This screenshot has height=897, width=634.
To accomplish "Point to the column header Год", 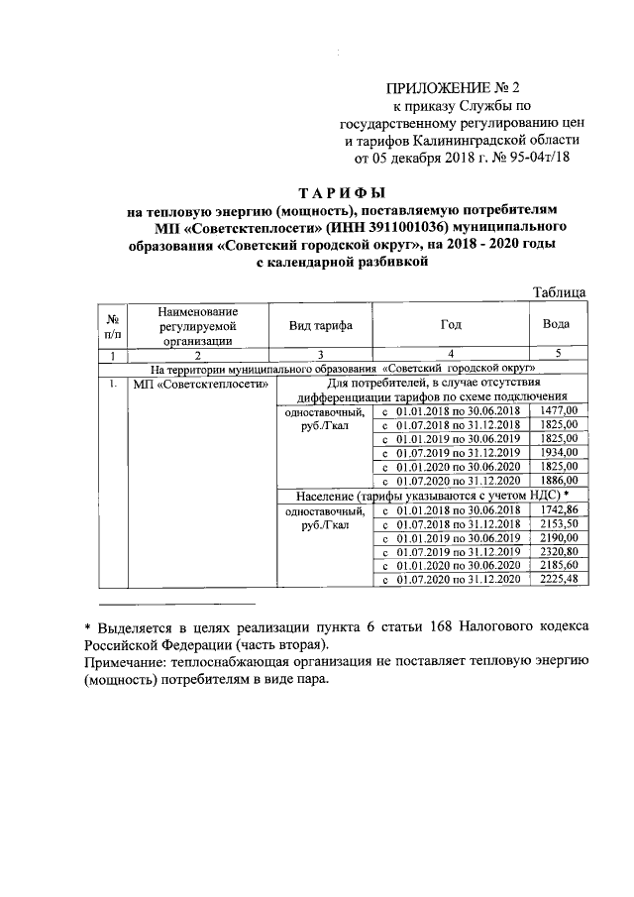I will pyautogui.click(x=451, y=325).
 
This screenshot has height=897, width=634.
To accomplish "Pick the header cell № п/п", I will pyautogui.click(x=114, y=325).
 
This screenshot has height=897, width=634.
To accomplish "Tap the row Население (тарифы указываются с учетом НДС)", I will pyautogui.click(x=432, y=495).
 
